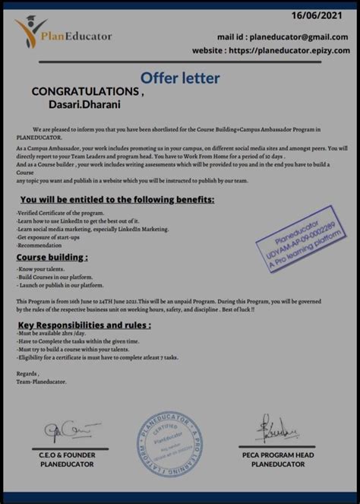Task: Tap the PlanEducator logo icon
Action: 30,33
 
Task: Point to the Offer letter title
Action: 180,77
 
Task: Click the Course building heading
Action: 52,258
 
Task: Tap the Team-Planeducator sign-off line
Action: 41,381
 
